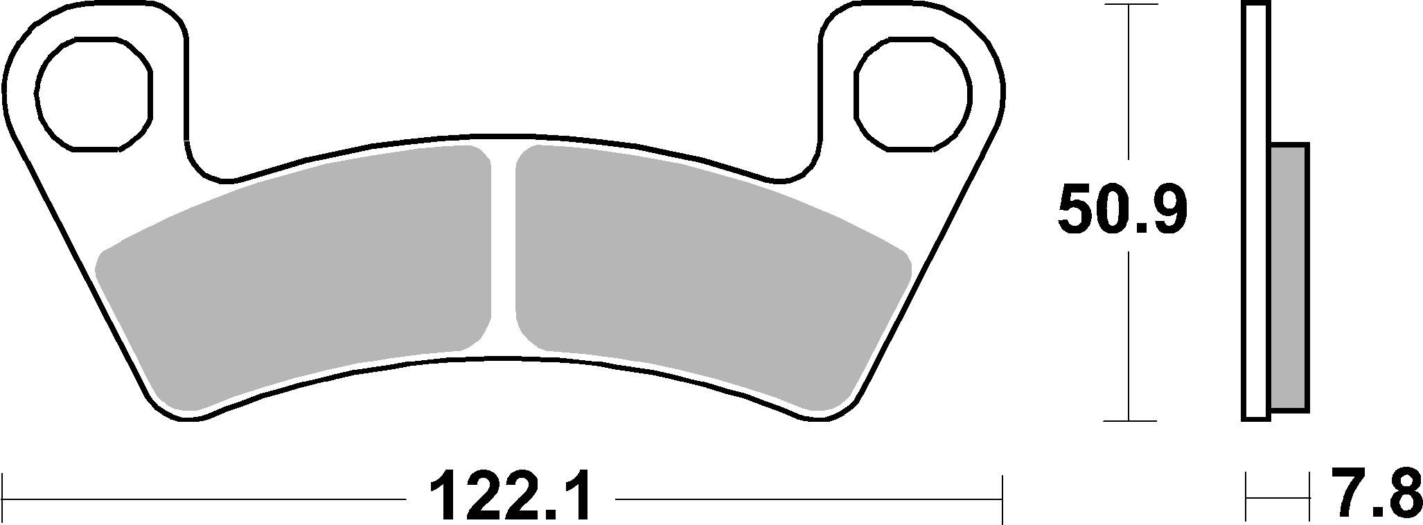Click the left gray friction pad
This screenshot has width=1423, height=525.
point(298,277)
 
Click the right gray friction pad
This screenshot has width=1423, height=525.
point(707,277)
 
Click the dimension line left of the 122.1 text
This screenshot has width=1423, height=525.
point(208,499)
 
